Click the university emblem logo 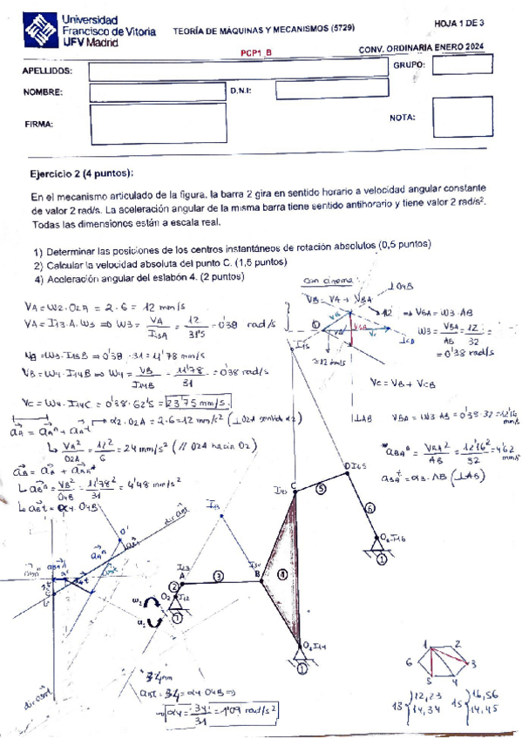point(41,32)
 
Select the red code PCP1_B point(257,52)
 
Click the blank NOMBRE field point(157,91)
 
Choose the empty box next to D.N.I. point(324,90)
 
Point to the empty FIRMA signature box point(157,123)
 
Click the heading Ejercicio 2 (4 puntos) point(83,173)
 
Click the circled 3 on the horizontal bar point(219,575)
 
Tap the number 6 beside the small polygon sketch point(408,663)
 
